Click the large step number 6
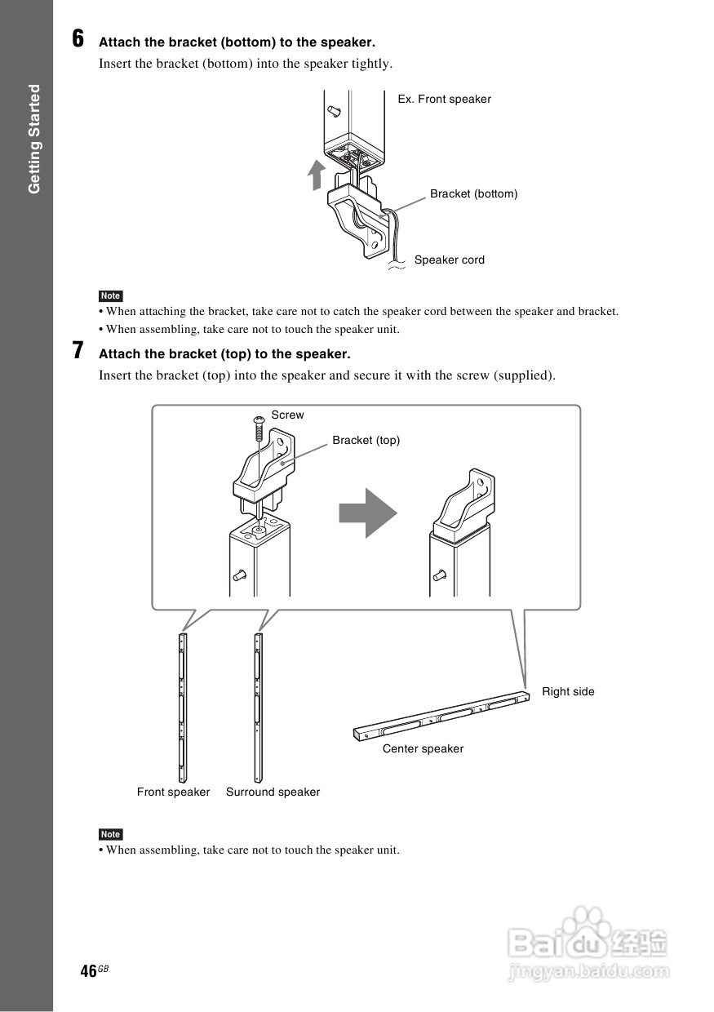(x=78, y=38)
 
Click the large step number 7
(x=78, y=351)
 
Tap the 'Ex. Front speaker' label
(x=444, y=100)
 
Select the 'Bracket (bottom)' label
(x=473, y=194)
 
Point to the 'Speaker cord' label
(x=449, y=260)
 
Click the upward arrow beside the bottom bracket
(x=315, y=174)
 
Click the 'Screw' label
(x=287, y=415)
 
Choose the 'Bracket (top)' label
(x=366, y=441)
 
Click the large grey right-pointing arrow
(x=368, y=513)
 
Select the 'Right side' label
(x=568, y=692)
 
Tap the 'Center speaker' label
(x=423, y=749)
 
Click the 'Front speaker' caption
(x=173, y=792)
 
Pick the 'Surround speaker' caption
(x=273, y=792)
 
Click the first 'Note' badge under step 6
(x=110, y=296)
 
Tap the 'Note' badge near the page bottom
(x=110, y=834)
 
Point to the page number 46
(x=89, y=970)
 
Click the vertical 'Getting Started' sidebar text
(x=34, y=139)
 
